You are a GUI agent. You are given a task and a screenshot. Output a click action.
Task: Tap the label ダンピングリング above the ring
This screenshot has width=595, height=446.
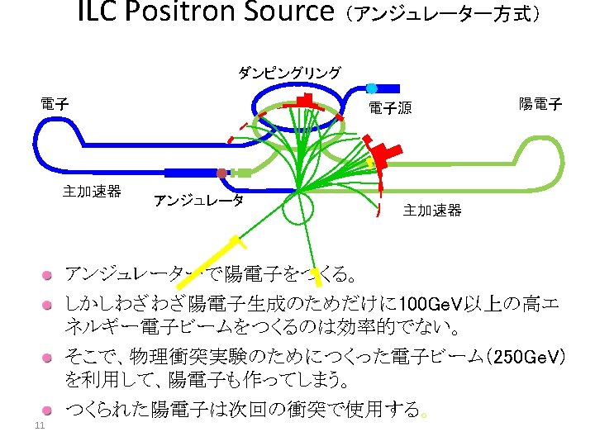click(289, 73)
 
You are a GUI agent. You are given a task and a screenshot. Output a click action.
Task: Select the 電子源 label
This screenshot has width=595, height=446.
click(390, 107)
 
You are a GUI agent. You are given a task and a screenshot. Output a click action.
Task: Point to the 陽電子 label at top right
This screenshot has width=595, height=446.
click(540, 104)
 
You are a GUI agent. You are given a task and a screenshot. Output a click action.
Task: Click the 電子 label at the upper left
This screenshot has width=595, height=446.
click(55, 104)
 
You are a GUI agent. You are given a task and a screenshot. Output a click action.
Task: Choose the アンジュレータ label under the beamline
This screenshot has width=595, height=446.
click(198, 201)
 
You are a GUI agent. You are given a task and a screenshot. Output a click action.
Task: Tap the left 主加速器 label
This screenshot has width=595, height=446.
click(92, 192)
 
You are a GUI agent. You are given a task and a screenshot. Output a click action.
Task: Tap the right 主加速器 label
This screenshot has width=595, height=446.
click(432, 211)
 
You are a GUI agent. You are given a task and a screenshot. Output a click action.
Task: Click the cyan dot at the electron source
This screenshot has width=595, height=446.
click(371, 88)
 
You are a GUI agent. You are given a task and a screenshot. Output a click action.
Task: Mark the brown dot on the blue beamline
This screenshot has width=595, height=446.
click(221, 173)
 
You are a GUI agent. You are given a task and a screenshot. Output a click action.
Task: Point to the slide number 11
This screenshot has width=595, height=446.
click(38, 426)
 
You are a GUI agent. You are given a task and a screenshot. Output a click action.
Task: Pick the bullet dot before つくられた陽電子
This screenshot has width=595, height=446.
click(50, 410)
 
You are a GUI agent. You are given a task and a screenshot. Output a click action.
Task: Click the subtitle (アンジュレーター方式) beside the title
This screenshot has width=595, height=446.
click(443, 15)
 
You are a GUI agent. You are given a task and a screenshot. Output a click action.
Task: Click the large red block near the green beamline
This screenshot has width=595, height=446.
click(384, 154)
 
